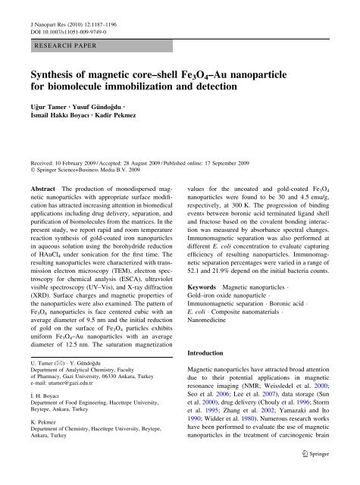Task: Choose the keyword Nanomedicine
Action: pyautogui.click(x=216, y=341)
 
